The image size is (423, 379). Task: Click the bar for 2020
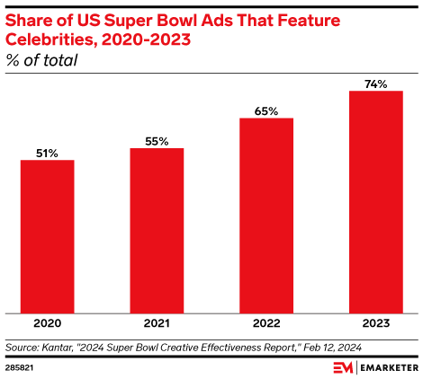(x=47, y=237)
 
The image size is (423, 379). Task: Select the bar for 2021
(x=157, y=231)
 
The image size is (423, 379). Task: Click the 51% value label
(x=47, y=154)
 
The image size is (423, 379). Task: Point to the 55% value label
(x=157, y=141)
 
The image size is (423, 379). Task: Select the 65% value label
(x=266, y=111)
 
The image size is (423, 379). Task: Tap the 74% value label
(x=375, y=84)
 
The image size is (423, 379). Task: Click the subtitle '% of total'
(x=41, y=60)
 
